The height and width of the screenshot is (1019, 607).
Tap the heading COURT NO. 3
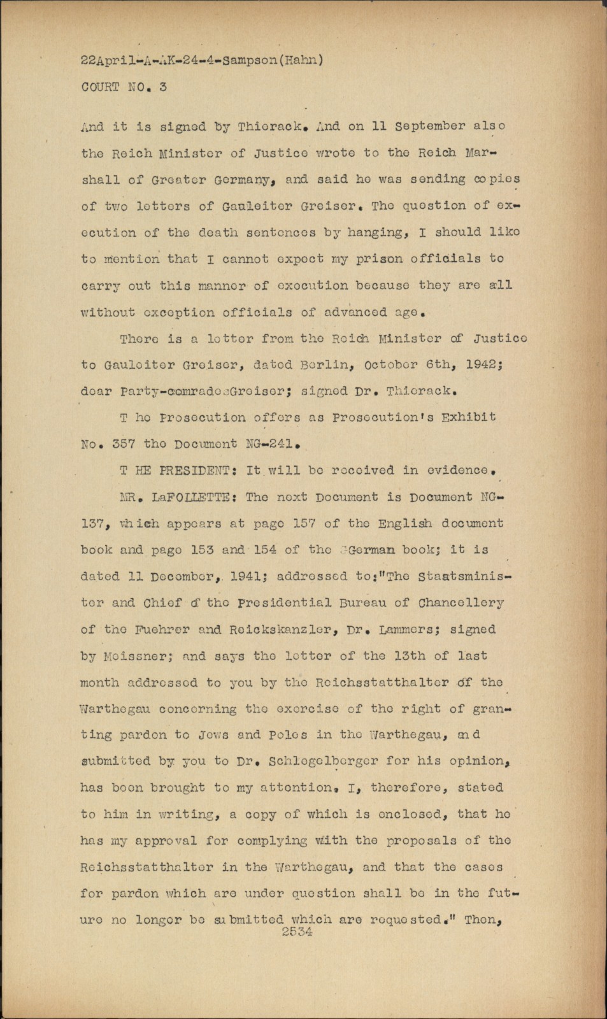point(124,87)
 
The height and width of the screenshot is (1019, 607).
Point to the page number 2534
point(296,932)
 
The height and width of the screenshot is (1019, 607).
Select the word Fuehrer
point(152,629)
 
